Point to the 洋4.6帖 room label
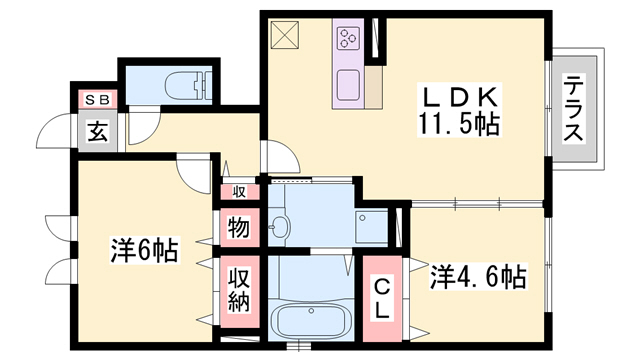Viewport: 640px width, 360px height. coord(478,275)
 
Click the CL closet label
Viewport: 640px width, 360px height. coord(382,299)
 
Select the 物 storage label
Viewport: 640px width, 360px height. coord(238,227)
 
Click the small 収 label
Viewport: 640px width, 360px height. coord(239,191)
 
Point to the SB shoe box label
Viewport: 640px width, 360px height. coord(96,99)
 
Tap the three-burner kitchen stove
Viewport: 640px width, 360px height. coord(349,39)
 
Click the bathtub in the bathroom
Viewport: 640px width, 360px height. coord(309,321)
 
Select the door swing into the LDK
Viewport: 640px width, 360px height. coord(279,157)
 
